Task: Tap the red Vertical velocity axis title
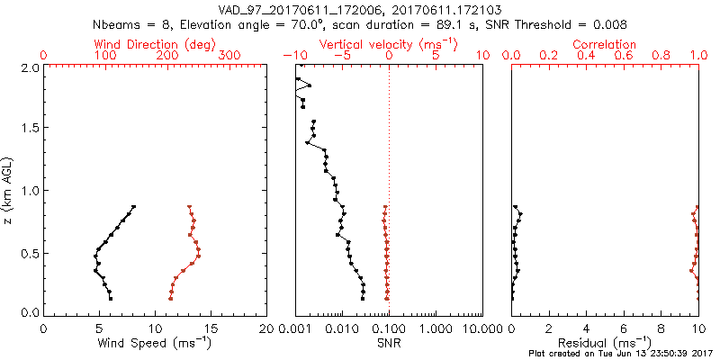tap(388, 44)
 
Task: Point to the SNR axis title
tap(389, 343)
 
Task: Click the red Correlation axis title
tap(605, 44)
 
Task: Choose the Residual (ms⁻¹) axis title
tap(605, 343)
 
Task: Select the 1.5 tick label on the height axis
tap(29, 129)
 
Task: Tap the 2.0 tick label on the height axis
tap(29, 67)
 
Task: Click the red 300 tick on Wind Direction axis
tap(229, 55)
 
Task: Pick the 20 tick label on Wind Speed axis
tap(266, 328)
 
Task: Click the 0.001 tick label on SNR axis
tap(295, 328)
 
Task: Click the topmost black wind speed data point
tap(133, 207)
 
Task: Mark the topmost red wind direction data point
tap(190, 207)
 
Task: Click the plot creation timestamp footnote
tap(622, 354)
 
